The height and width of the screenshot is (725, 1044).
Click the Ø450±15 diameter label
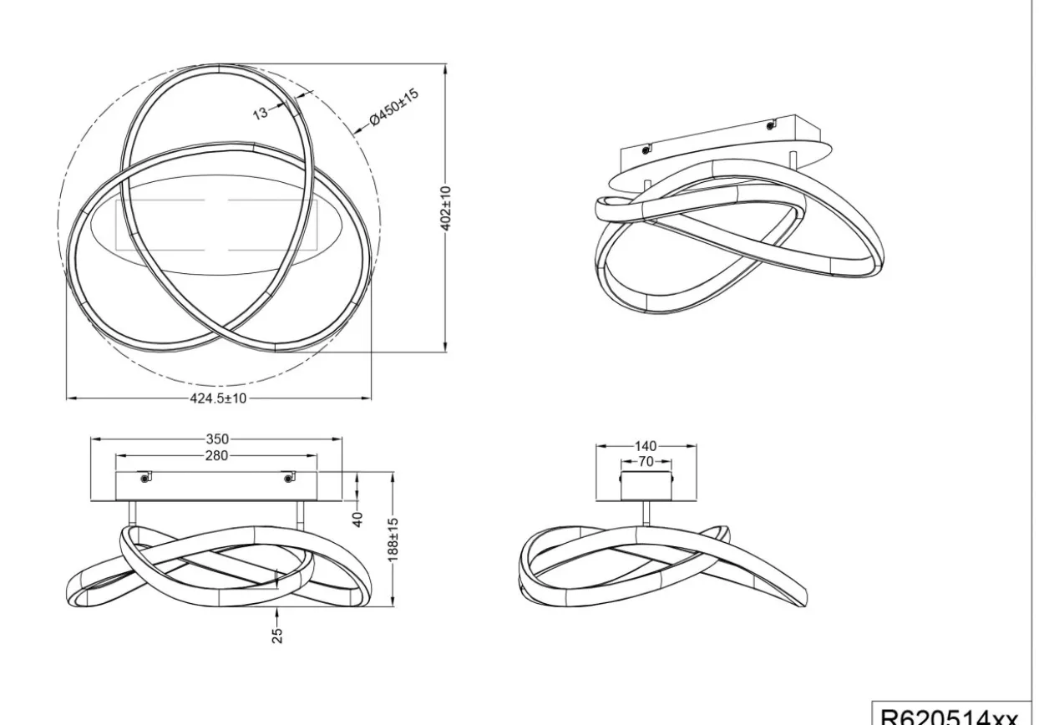pyautogui.click(x=394, y=106)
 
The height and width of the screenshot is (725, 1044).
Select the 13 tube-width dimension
pyautogui.click(x=260, y=113)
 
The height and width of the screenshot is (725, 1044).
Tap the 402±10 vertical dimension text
pyautogui.click(x=446, y=209)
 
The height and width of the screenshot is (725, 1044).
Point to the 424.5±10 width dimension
pyautogui.click(x=218, y=398)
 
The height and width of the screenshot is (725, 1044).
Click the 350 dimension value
pyautogui.click(x=217, y=439)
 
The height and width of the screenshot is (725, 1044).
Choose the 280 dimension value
pyautogui.click(x=216, y=455)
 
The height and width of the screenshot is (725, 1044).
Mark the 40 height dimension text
pyautogui.click(x=357, y=520)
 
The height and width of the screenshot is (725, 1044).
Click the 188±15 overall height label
pyautogui.click(x=393, y=540)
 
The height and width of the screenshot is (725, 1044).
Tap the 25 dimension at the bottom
pyautogui.click(x=276, y=636)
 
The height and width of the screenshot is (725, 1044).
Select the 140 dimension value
pyautogui.click(x=646, y=446)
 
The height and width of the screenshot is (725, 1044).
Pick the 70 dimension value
pyautogui.click(x=646, y=462)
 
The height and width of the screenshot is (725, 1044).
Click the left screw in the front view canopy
pyautogui.click(x=145, y=478)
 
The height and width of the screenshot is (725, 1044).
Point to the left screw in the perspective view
pyautogui.click(x=645, y=150)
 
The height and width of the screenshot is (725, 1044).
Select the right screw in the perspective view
pyautogui.click(x=770, y=125)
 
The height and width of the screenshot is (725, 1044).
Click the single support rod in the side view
pyautogui.click(x=646, y=514)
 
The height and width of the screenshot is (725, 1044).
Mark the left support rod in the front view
pyautogui.click(x=133, y=515)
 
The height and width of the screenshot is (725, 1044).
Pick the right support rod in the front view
pyautogui.click(x=301, y=515)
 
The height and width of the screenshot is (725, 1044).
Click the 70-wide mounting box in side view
pyautogui.click(x=646, y=486)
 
